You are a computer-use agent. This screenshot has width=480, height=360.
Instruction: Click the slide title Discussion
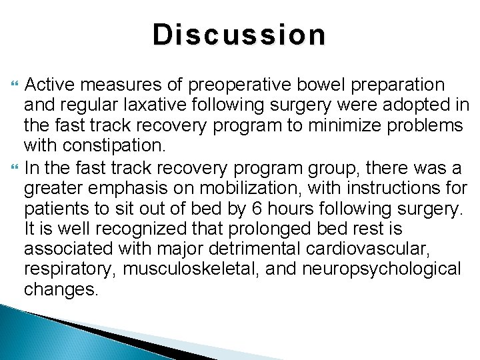239,35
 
